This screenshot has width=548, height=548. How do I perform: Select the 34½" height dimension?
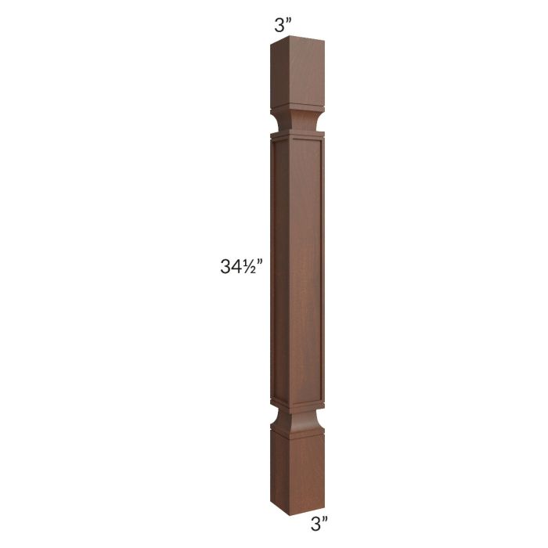(241, 266)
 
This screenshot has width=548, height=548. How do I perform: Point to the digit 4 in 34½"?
(236, 266)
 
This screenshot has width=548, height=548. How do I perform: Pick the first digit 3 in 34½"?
(226, 266)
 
